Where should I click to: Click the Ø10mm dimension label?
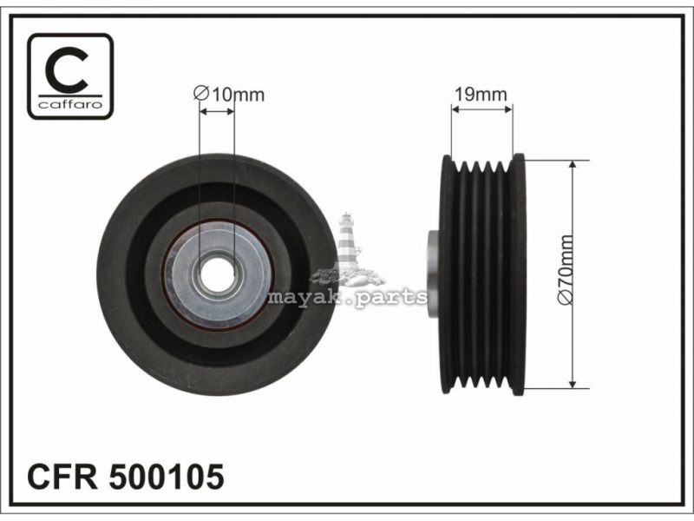pyautogui.click(x=229, y=95)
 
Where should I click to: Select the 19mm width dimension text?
pyautogui.click(x=481, y=94)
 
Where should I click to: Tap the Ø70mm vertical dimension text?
pyautogui.click(x=566, y=270)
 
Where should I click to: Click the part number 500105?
pyautogui.click(x=167, y=477)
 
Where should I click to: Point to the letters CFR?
pyautogui.click(x=62, y=477)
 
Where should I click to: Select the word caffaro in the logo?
pyautogui.click(x=70, y=104)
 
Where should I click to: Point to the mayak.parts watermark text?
pyautogui.click(x=348, y=297)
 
